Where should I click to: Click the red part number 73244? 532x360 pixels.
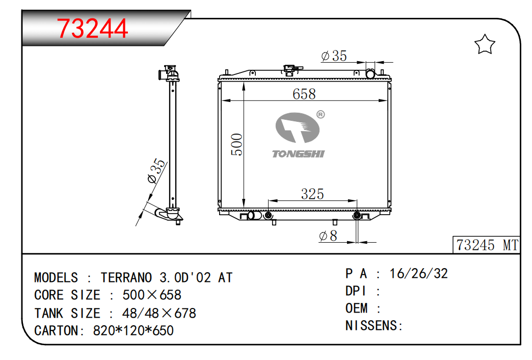click(x=92, y=28)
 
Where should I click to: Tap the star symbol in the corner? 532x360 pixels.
click(x=485, y=44)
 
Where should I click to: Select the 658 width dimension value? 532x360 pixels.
click(x=304, y=94)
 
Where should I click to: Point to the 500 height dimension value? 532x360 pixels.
click(x=236, y=145)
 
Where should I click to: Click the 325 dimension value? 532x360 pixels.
click(x=312, y=194)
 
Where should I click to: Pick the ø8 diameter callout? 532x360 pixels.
click(x=328, y=236)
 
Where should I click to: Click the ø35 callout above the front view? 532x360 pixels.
click(x=334, y=56)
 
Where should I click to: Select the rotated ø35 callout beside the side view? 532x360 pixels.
click(x=156, y=171)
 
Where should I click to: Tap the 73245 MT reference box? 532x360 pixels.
click(x=486, y=245)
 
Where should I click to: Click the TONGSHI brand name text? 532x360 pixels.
click(x=298, y=154)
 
